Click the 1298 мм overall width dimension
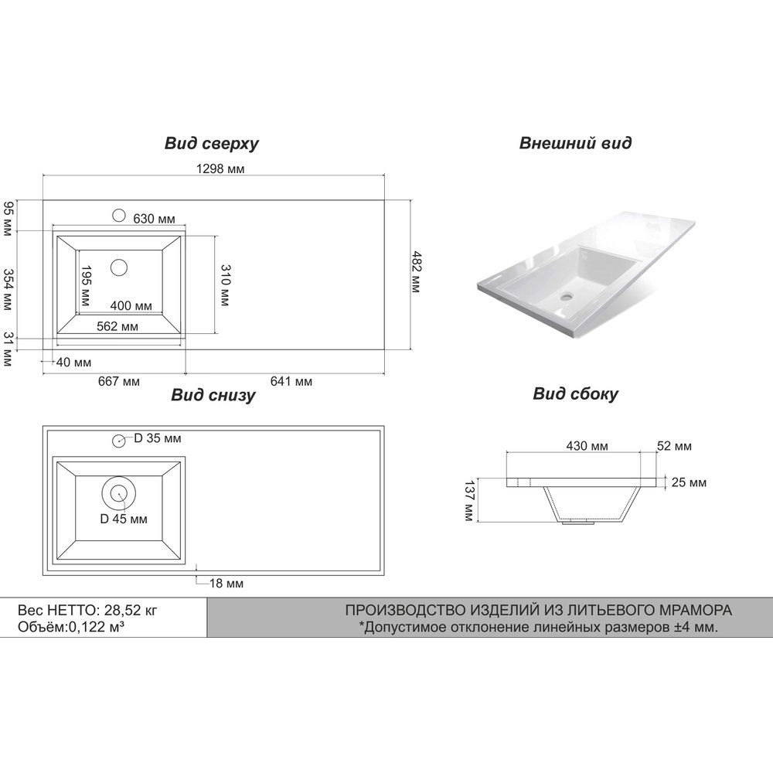220,169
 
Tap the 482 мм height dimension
417,272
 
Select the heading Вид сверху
212,144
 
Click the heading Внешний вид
575,143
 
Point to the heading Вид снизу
213,395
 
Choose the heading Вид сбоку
575,394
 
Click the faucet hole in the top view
119,216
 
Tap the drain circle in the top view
119,267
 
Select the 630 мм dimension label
154,219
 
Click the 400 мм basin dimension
131,305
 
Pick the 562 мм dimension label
117,326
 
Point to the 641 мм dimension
291,382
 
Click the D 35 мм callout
157,438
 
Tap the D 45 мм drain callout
124,519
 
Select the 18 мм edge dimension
226,584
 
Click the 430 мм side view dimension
587,446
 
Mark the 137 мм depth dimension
469,501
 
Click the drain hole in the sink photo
567,297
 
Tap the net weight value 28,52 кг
131,611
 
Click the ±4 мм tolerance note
538,628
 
